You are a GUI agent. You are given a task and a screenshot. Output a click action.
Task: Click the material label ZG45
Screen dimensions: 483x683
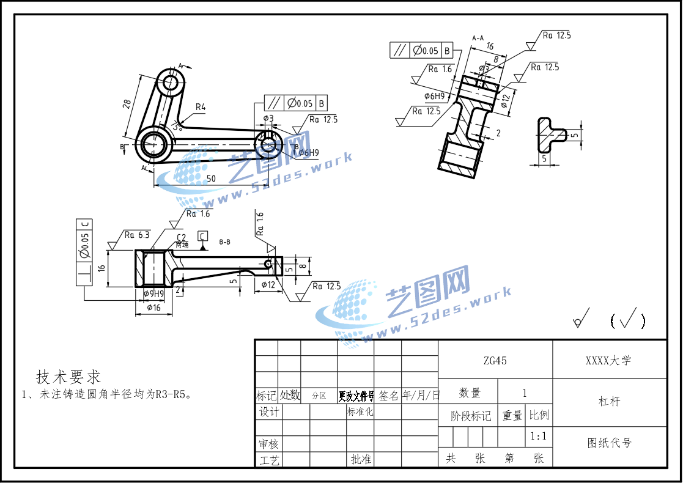[x=495, y=361]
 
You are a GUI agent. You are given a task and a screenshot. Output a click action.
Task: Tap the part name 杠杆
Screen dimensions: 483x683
[x=609, y=402]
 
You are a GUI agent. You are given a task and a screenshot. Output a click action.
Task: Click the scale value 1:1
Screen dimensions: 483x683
[x=538, y=437]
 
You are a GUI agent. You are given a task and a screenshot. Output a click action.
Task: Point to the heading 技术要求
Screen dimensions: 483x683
[x=68, y=377]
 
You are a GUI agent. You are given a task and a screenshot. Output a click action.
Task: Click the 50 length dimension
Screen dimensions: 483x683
[x=210, y=179]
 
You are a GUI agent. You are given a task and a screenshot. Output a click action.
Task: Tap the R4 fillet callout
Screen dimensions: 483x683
[x=200, y=108]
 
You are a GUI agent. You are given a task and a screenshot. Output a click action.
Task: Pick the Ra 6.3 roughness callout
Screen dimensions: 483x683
[x=137, y=235]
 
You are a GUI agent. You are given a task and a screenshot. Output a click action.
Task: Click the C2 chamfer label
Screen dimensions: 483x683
[x=181, y=237]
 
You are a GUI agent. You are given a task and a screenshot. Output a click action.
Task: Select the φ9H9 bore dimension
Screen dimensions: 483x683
[x=153, y=294]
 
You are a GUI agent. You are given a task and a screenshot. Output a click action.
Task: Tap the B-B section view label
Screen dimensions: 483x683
[x=224, y=242]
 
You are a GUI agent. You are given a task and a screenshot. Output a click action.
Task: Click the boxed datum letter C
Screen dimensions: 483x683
[x=202, y=235]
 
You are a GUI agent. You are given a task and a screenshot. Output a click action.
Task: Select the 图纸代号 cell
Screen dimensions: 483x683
[x=609, y=443]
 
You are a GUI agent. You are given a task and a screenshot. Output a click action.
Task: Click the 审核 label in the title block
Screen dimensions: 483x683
[x=269, y=444]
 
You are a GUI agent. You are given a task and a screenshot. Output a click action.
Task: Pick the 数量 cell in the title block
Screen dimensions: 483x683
[x=470, y=393]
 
